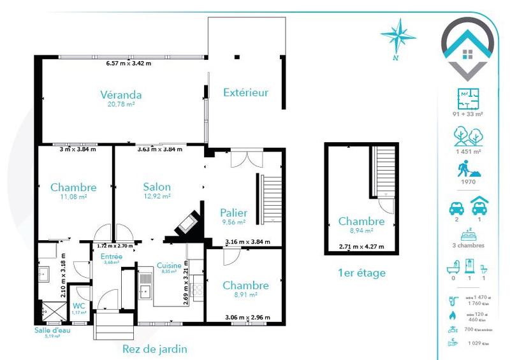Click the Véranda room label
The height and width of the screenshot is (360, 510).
[120, 96]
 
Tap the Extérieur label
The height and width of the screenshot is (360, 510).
[245, 92]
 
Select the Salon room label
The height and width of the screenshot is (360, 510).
[156, 187]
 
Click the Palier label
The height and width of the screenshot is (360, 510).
[233, 213]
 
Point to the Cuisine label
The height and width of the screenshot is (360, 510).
[169, 266]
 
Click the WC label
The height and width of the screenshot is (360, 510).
[79, 306]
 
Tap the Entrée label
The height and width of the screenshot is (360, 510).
[112, 256]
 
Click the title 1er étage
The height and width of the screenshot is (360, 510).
[361, 273]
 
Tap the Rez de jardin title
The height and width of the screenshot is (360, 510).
[154, 349]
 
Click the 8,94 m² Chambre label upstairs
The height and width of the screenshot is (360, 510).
[361, 222]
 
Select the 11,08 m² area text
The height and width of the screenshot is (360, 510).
[73, 197]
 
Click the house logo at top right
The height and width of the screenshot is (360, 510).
[468, 48]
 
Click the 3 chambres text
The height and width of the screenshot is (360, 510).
[468, 245]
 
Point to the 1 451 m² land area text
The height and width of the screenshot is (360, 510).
[468, 152]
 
